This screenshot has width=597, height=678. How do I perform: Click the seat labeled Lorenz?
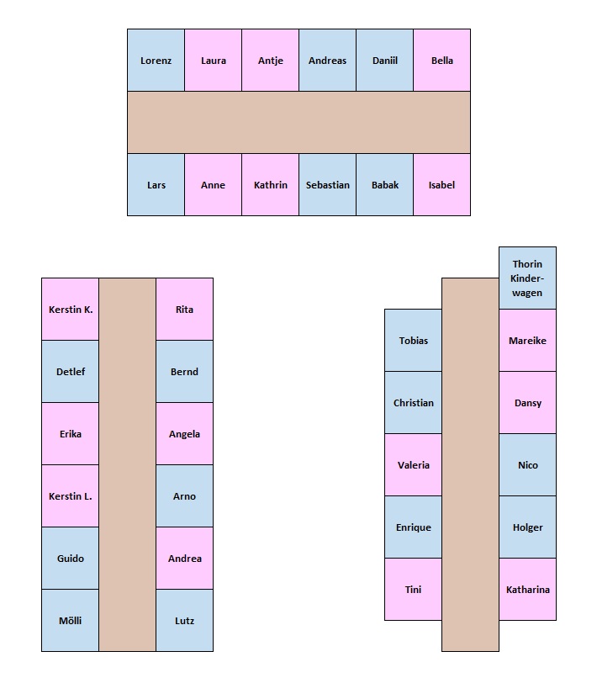pos(156,61)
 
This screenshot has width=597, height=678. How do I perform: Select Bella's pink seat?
pos(441,61)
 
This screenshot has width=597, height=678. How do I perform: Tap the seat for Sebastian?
pos(327,185)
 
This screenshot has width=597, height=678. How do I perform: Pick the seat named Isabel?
pos(441,185)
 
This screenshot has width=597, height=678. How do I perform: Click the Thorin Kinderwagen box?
pos(527,278)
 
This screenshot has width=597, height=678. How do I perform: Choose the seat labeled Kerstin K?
pos(71,310)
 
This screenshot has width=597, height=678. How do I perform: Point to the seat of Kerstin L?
pos(71,496)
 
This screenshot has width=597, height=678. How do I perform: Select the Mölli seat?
pos(71,621)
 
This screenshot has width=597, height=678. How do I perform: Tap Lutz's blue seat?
pos(184,621)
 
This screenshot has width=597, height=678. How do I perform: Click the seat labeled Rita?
pos(184,310)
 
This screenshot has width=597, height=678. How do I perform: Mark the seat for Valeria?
pos(413,465)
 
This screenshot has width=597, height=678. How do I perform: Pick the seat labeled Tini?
pos(413,590)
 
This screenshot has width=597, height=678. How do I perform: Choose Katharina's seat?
pos(527,590)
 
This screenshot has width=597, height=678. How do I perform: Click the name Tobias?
pos(413,341)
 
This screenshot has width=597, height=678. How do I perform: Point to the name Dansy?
pos(527,403)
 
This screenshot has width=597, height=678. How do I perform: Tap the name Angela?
pos(184,434)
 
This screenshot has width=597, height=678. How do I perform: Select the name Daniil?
pos(384,61)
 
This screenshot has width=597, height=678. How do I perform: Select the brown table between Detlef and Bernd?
pos(128,372)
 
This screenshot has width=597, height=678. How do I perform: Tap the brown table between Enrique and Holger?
pos(470,527)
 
